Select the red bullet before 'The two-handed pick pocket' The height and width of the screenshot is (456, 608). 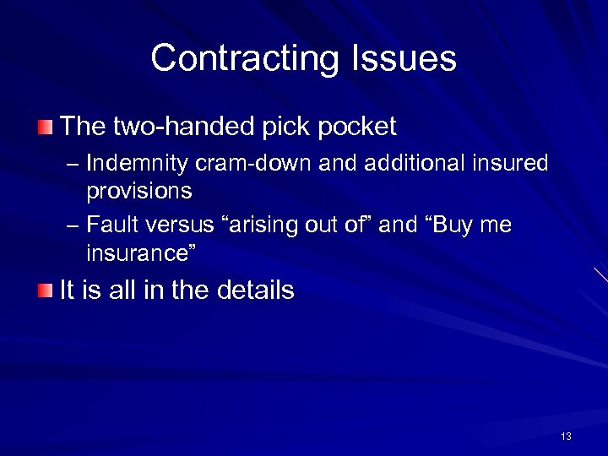(x=45, y=128)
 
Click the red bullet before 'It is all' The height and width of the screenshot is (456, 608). (x=45, y=291)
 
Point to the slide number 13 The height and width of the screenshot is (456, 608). (x=566, y=436)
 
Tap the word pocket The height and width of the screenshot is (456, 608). (x=355, y=128)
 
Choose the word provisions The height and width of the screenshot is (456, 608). (x=139, y=191)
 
